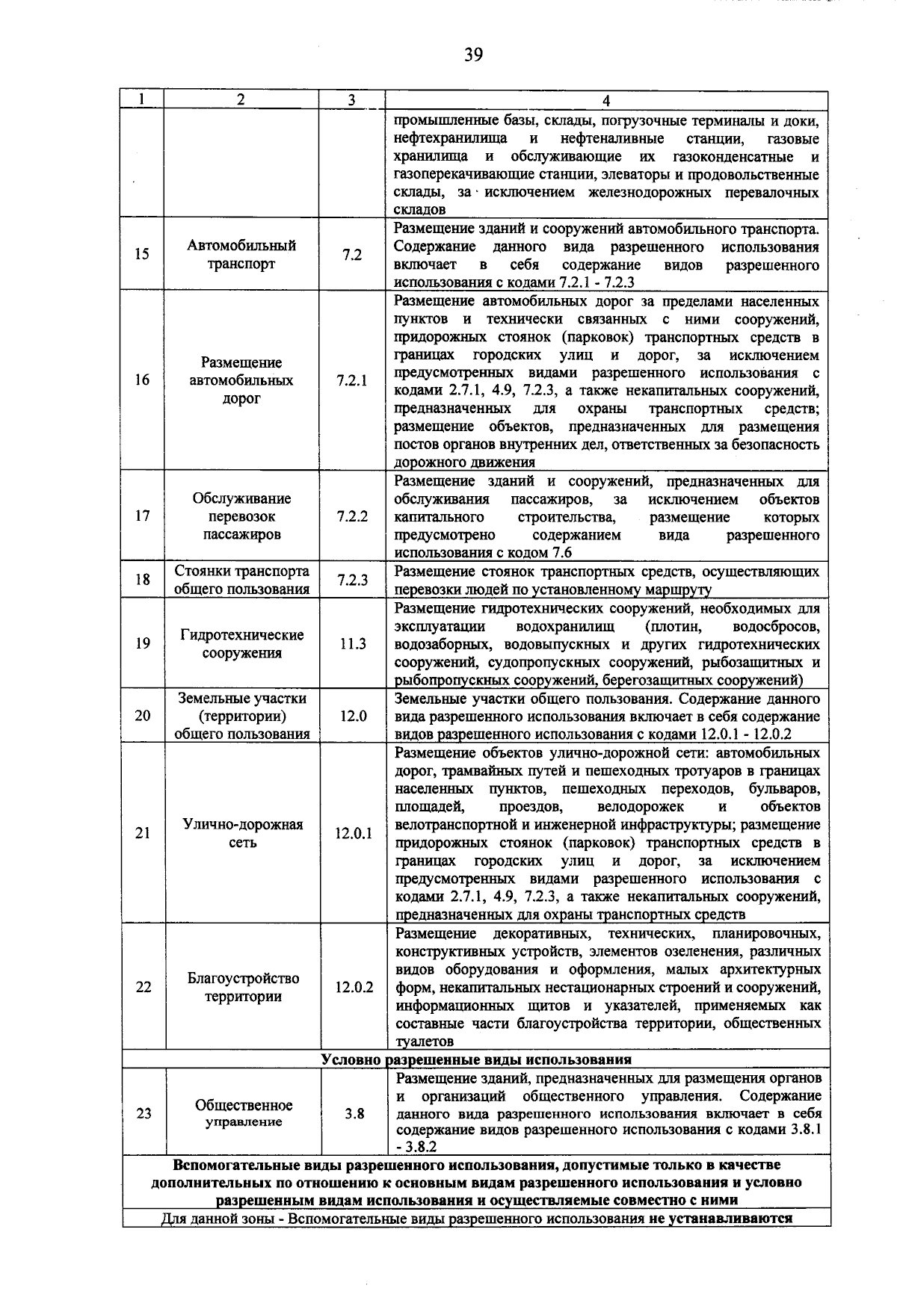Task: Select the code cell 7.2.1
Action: point(352,380)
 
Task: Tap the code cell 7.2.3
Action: point(352,581)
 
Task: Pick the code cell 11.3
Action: point(352,643)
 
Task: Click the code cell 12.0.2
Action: point(354,987)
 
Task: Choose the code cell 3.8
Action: point(354,1113)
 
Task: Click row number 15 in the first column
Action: point(142,255)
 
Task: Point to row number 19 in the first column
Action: point(142,643)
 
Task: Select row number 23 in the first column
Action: point(144,1113)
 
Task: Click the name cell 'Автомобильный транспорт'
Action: point(241,255)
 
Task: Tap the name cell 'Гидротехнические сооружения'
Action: point(241,644)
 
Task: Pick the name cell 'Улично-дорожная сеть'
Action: point(242,833)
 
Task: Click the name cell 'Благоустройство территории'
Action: point(243,987)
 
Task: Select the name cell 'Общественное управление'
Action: point(244,1113)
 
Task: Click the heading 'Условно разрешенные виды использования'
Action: point(475,1059)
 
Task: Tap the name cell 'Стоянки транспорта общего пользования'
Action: point(241,581)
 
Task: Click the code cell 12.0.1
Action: point(354,833)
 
